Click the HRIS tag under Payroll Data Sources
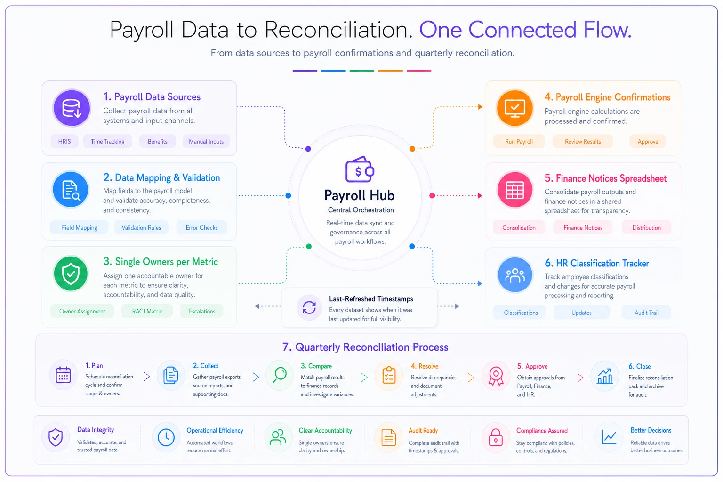tap(64, 141)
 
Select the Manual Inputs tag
tap(206, 141)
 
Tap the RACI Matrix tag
tap(147, 311)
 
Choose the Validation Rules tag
tap(141, 228)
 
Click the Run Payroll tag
tap(519, 141)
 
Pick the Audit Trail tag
tap(646, 313)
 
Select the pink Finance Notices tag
tap(583, 228)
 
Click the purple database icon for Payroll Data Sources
tap(72, 108)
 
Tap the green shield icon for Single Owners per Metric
tap(71, 274)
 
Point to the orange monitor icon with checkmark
tap(515, 108)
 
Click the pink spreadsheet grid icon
tap(515, 190)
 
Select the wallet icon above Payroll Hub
tap(360, 169)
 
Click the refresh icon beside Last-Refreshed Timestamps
tap(309, 307)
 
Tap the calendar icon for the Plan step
tap(63, 375)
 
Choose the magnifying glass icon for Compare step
tap(280, 375)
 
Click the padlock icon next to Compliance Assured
tap(496, 437)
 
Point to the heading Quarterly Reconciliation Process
tap(365, 347)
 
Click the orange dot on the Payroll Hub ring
tap(412, 149)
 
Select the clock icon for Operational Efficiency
tap(166, 437)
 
